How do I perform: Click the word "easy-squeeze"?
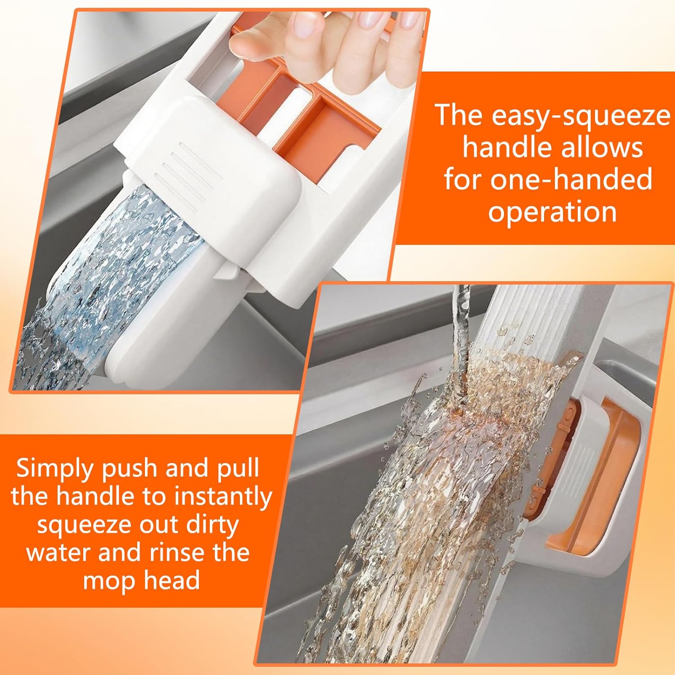coord(580,116)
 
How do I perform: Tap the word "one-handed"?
coord(571,179)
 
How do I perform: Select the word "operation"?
coord(552,211)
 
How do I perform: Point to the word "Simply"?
coord(53,469)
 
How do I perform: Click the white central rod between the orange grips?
coord(288,112)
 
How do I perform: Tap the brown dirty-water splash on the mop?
coord(517,382)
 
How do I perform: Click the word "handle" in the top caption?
coord(502,147)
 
